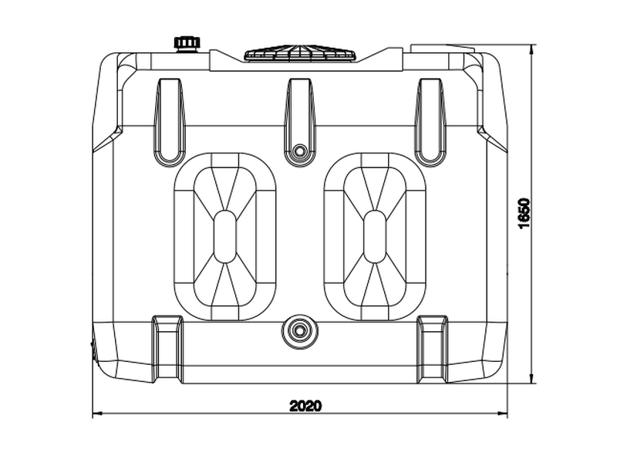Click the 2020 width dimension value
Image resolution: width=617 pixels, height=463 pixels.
click(305, 406)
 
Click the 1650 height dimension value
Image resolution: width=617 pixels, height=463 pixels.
click(525, 214)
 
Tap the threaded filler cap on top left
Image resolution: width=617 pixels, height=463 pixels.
click(187, 44)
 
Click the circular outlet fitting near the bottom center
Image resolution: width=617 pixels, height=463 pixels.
click(300, 331)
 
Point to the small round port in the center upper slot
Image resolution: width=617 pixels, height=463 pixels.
click(300, 150)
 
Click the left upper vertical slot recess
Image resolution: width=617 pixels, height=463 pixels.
click(170, 123)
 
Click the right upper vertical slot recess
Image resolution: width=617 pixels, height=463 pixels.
click(430, 123)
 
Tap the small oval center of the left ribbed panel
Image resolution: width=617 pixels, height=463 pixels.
click(224, 236)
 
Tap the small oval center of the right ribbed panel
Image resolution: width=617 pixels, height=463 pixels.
click(375, 236)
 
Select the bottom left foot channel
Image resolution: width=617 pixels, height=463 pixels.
click(167, 349)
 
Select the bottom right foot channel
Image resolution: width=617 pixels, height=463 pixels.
click(433, 349)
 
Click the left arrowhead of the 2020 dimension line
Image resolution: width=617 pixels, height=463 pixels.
click(97, 414)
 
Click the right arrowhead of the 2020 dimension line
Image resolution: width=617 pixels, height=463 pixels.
click(503, 414)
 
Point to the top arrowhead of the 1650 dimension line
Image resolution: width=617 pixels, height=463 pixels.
click(532, 49)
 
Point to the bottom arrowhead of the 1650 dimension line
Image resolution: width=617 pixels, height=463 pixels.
click(532, 378)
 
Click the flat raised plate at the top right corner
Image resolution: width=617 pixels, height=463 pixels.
click(443, 49)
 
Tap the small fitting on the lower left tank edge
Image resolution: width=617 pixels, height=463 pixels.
click(94, 350)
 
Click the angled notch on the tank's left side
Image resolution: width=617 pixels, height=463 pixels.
click(107, 139)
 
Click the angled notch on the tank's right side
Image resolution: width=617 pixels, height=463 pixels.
click(492, 139)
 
